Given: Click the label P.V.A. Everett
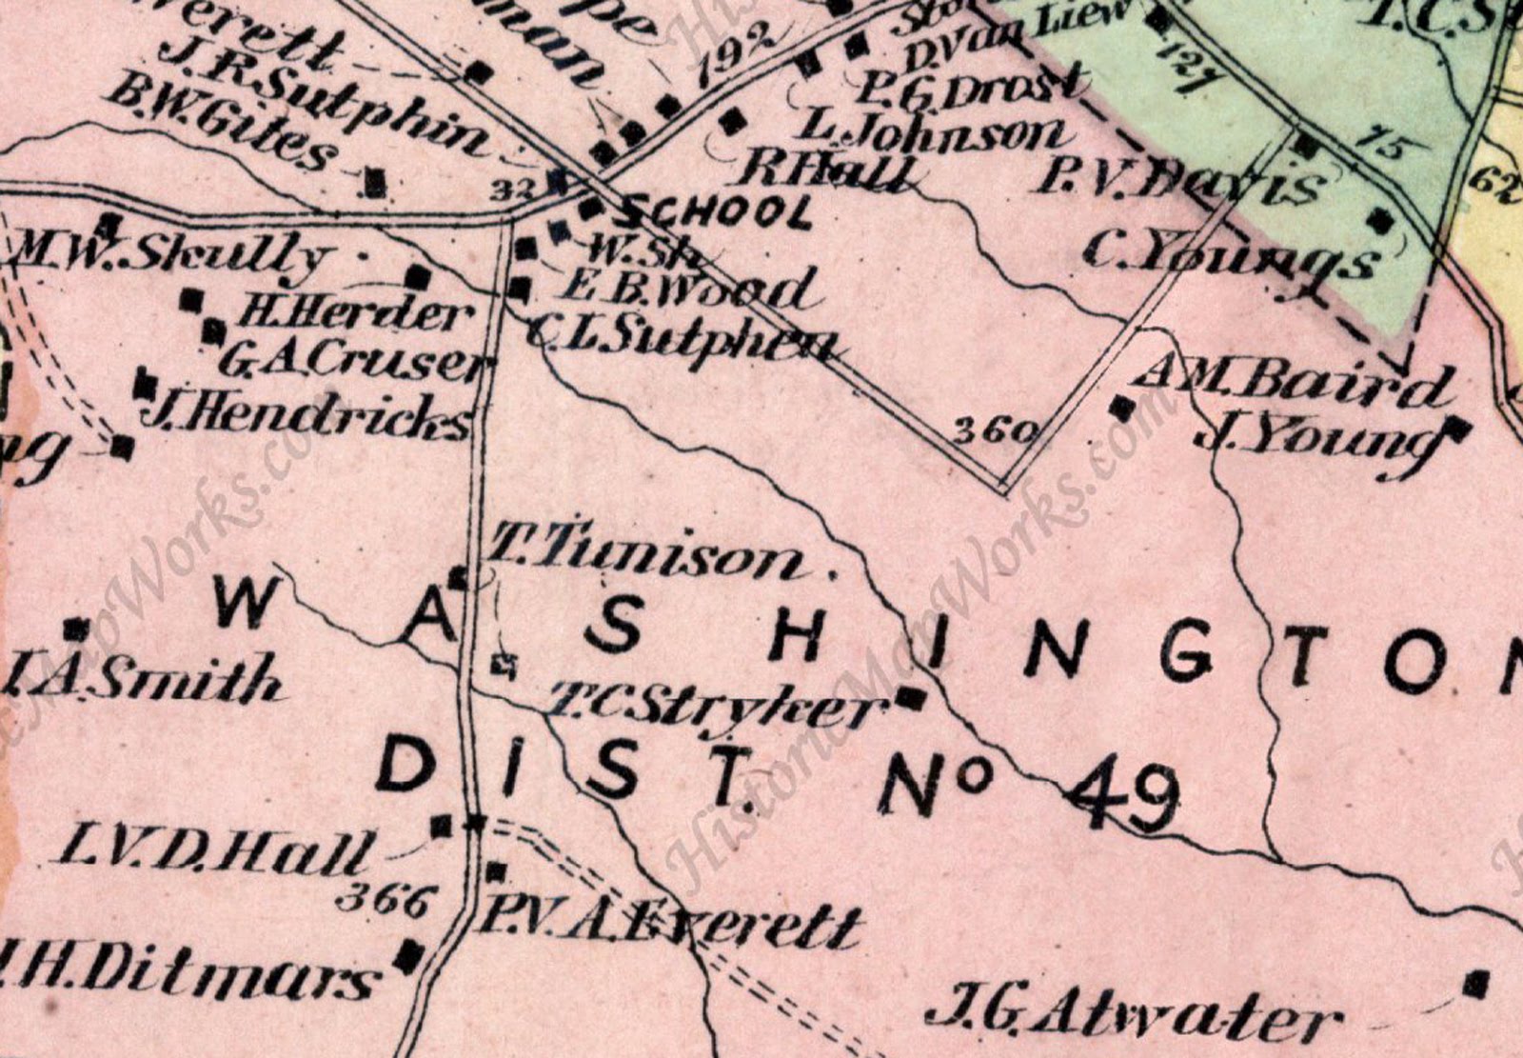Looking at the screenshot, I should [671, 926].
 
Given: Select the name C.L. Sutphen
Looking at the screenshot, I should [682, 339].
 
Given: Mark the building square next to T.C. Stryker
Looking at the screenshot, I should [911, 698].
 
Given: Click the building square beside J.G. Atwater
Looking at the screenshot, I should [1476, 983].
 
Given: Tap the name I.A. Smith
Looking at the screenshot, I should [143, 680].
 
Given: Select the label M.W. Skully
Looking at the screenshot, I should [171, 255].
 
